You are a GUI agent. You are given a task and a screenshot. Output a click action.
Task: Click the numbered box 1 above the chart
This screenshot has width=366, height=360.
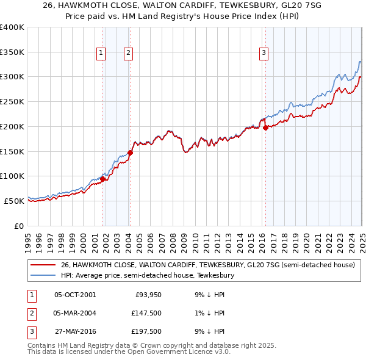tap(101, 53)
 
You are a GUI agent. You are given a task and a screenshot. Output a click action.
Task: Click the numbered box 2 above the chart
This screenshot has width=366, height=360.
tap(129, 53)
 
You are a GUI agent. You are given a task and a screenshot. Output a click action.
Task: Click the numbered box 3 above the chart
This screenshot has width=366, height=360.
tap(264, 53)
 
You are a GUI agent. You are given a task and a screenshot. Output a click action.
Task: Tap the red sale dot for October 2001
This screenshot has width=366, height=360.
tap(103, 179)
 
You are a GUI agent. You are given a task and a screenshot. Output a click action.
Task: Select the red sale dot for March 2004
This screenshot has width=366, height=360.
tap(130, 153)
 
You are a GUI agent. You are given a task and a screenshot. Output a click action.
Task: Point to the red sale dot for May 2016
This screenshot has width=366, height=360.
tap(266, 128)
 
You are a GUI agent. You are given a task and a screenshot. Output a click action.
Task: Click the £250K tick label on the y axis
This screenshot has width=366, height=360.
tap(12, 101)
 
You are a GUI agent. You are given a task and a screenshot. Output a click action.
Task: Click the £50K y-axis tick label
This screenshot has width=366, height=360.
tap(13, 200)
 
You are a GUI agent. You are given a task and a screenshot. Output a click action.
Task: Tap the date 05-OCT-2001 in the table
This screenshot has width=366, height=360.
tap(75, 295)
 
